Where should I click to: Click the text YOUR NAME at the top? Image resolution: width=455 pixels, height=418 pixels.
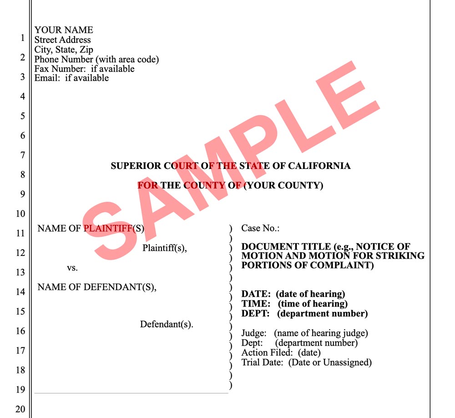(x=64, y=30)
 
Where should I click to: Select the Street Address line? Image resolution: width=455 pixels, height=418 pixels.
(x=63, y=40)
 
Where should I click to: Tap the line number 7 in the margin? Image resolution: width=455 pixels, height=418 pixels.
(x=21, y=155)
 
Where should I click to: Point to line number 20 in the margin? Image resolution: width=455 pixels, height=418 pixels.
(x=20, y=409)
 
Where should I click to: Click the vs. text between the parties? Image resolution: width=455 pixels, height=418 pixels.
(x=72, y=268)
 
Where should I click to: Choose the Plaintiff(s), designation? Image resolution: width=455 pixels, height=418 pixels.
(x=165, y=249)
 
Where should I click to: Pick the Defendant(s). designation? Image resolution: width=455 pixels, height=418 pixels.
(x=167, y=325)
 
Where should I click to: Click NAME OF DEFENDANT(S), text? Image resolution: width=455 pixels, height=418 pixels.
(x=97, y=287)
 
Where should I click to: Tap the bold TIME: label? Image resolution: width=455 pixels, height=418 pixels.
(x=256, y=304)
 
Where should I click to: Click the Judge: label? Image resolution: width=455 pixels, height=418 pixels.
(x=254, y=333)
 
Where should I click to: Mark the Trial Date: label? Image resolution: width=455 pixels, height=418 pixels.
(x=263, y=362)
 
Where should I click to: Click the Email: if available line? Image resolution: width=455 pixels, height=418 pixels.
(x=71, y=78)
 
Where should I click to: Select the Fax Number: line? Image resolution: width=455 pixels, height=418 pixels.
(x=84, y=69)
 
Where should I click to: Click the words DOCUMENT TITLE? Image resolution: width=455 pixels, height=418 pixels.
(x=276, y=247)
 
